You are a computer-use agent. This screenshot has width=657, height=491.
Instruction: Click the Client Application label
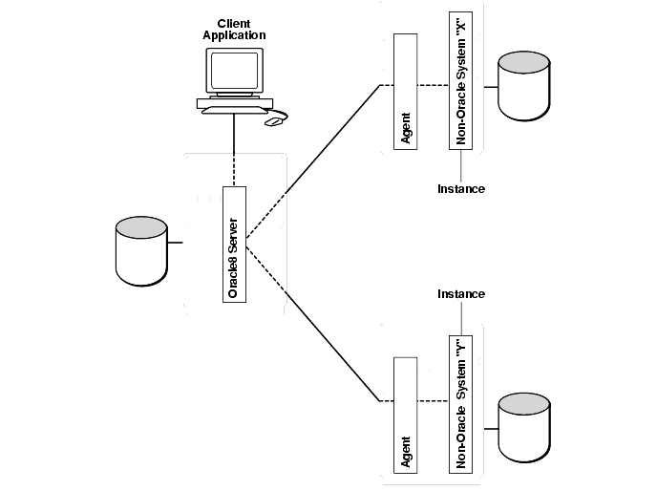tap(234, 29)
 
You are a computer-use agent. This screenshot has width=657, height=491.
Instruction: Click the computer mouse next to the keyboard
tap(275, 121)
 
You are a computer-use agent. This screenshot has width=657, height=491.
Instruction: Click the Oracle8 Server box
tap(235, 244)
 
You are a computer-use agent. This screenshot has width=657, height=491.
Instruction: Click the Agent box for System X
tap(406, 92)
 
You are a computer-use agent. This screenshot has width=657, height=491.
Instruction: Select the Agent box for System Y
tap(406, 416)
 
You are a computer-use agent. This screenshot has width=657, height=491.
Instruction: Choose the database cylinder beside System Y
tap(525, 419)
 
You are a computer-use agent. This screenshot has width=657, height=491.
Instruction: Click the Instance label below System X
tap(461, 188)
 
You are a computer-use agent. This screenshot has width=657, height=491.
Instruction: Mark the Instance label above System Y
tap(461, 293)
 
